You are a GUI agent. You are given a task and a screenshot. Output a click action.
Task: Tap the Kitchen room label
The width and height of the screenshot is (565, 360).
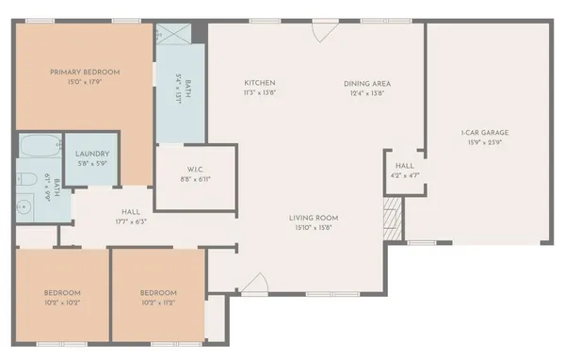coord(259,83)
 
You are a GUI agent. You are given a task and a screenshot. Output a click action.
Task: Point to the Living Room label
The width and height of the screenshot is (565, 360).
coord(314,218)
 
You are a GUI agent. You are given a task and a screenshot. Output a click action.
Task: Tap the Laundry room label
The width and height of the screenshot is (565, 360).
coord(92,154)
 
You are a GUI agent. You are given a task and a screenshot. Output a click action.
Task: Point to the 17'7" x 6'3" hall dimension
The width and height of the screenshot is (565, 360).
coord(130,222)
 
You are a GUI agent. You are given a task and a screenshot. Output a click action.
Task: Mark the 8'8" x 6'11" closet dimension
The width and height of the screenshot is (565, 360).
coord(195,178)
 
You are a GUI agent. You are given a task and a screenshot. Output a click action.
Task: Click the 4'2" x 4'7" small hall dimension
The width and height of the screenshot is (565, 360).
coord(405,175)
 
